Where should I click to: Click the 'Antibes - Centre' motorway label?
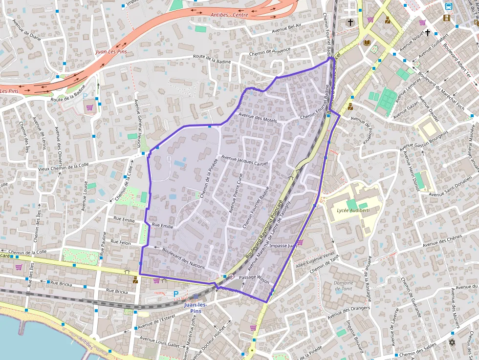(229, 15)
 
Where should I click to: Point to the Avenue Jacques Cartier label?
(245, 160)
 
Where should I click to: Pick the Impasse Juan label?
(283, 246)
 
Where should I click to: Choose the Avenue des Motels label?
(258, 118)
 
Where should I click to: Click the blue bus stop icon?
(448, 6)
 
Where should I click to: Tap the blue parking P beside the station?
(176, 294)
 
